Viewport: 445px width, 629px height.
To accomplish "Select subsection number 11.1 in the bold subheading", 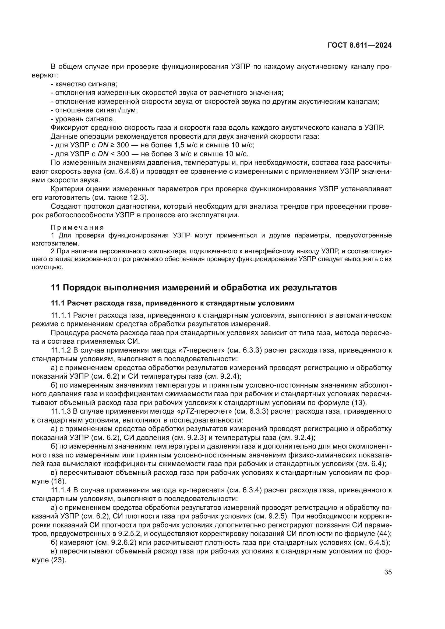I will pyautogui.click(x=58, y=303).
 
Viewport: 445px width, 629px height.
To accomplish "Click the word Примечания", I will pyautogui.click(x=77, y=228).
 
